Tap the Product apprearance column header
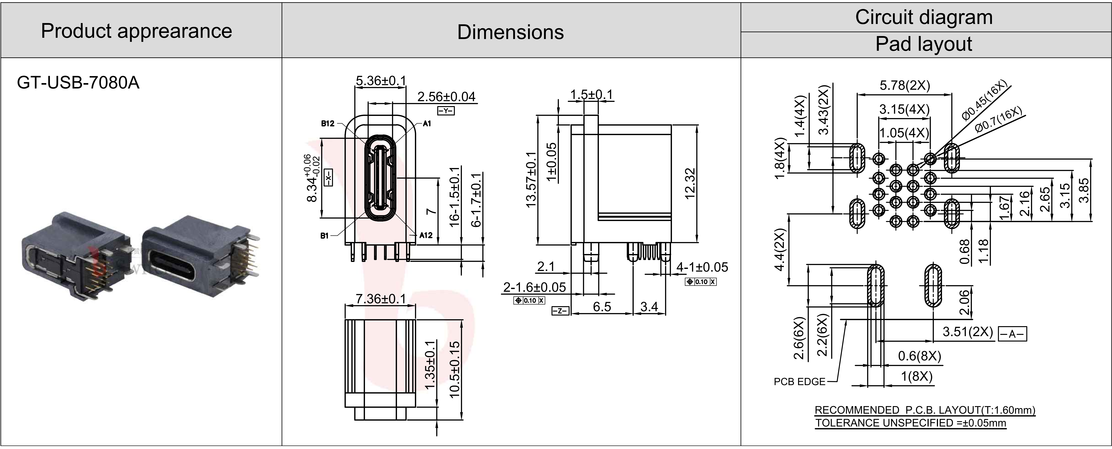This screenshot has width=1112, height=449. (x=136, y=31)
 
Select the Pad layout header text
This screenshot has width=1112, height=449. (x=924, y=44)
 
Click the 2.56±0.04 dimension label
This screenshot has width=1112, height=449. (x=446, y=97)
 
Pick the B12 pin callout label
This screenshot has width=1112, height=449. (x=328, y=124)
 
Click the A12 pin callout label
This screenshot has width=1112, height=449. (x=426, y=235)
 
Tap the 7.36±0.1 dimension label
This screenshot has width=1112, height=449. (x=381, y=299)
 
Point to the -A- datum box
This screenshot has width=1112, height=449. (x=1012, y=334)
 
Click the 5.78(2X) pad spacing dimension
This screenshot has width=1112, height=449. (x=905, y=85)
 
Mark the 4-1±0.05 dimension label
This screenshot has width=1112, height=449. (x=702, y=267)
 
